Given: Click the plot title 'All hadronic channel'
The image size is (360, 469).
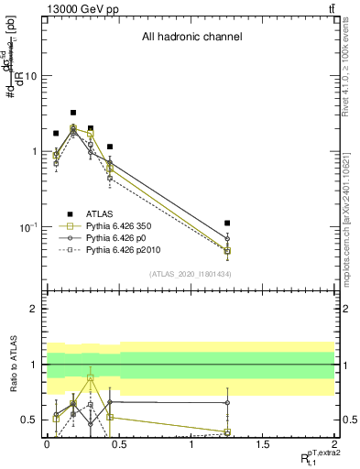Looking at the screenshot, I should click(191, 38).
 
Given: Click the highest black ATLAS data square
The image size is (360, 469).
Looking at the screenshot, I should click(73, 113).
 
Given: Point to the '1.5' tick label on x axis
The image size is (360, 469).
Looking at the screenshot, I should click(263, 443).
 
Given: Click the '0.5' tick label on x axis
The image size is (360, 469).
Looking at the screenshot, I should click(118, 443).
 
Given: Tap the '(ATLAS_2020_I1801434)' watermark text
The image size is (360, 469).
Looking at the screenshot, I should click(191, 274).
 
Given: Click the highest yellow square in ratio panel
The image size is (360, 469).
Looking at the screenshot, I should click(90, 377).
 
